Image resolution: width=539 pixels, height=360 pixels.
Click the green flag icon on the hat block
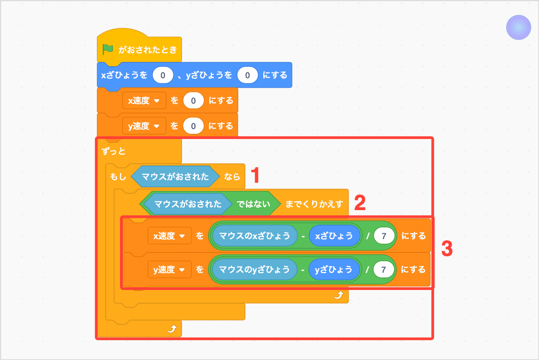(108, 49)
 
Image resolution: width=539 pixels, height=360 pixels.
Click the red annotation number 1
(255, 175)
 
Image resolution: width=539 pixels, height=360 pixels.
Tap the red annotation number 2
(360, 203)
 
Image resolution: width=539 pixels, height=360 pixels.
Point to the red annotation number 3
(447, 248)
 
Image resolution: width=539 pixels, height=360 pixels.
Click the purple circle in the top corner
(518, 27)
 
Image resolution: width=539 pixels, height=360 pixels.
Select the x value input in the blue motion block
(163, 75)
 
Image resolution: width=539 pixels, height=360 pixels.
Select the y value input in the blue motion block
(247, 75)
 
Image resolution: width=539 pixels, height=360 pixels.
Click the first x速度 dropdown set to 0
(144, 101)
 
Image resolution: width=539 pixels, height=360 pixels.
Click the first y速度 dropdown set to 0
(144, 126)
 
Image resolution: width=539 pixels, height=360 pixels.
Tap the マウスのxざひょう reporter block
(254, 236)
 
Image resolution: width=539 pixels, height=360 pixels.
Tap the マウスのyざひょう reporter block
(254, 270)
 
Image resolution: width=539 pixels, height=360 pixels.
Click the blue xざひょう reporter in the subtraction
(334, 236)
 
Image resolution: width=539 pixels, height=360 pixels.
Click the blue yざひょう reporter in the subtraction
(333, 270)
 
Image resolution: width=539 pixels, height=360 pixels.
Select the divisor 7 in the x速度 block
(384, 236)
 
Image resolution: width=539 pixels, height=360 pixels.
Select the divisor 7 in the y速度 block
(383, 270)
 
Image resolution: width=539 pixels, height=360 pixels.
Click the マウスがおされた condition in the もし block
(175, 176)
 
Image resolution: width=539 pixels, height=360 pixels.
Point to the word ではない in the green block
(253, 204)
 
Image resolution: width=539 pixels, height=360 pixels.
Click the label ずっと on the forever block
(113, 151)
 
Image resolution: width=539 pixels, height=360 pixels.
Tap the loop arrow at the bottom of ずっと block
(172, 329)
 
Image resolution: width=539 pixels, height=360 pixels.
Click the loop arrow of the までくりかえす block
(339, 295)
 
